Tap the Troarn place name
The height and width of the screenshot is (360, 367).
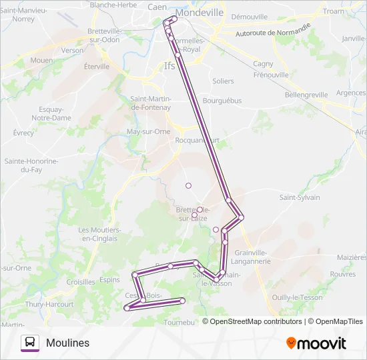click(333, 11)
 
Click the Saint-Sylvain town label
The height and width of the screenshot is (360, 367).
click(300, 197)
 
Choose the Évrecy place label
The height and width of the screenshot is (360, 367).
click(23, 133)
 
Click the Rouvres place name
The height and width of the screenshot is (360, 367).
click(342, 273)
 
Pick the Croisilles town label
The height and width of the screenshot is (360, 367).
click(81, 282)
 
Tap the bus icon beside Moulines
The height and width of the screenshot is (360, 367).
click(30, 343)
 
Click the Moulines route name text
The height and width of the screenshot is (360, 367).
click(67, 343)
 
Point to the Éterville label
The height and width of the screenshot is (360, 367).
click(97, 67)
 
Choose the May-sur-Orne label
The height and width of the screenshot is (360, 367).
click(148, 131)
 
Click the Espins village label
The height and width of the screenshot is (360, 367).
click(109, 280)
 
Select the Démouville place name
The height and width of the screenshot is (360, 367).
click(249, 17)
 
